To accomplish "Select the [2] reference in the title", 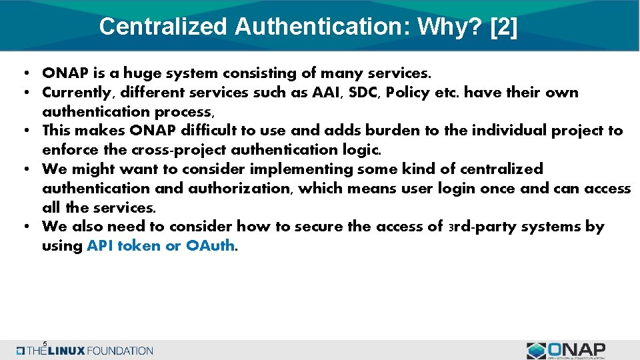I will (503, 27).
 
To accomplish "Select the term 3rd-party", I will (479, 227).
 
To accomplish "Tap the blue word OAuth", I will (211, 246).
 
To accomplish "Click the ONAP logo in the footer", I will (566, 350).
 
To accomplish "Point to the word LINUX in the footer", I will (67, 351).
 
